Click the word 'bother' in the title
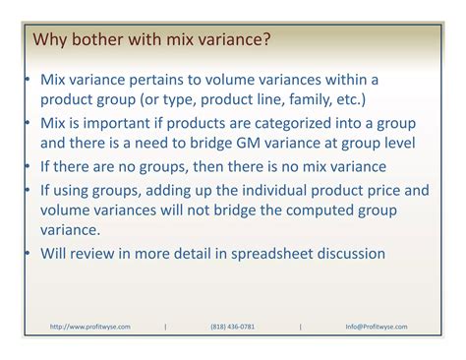pyautogui.click(x=95, y=41)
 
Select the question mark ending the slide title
pyautogui.click(x=266, y=41)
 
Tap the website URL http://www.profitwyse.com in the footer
pyautogui.click(x=89, y=327)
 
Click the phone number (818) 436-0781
pyautogui.click(x=232, y=327)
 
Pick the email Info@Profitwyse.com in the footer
pyautogui.click(x=377, y=327)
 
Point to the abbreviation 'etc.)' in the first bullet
pyautogui.click(x=349, y=99)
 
